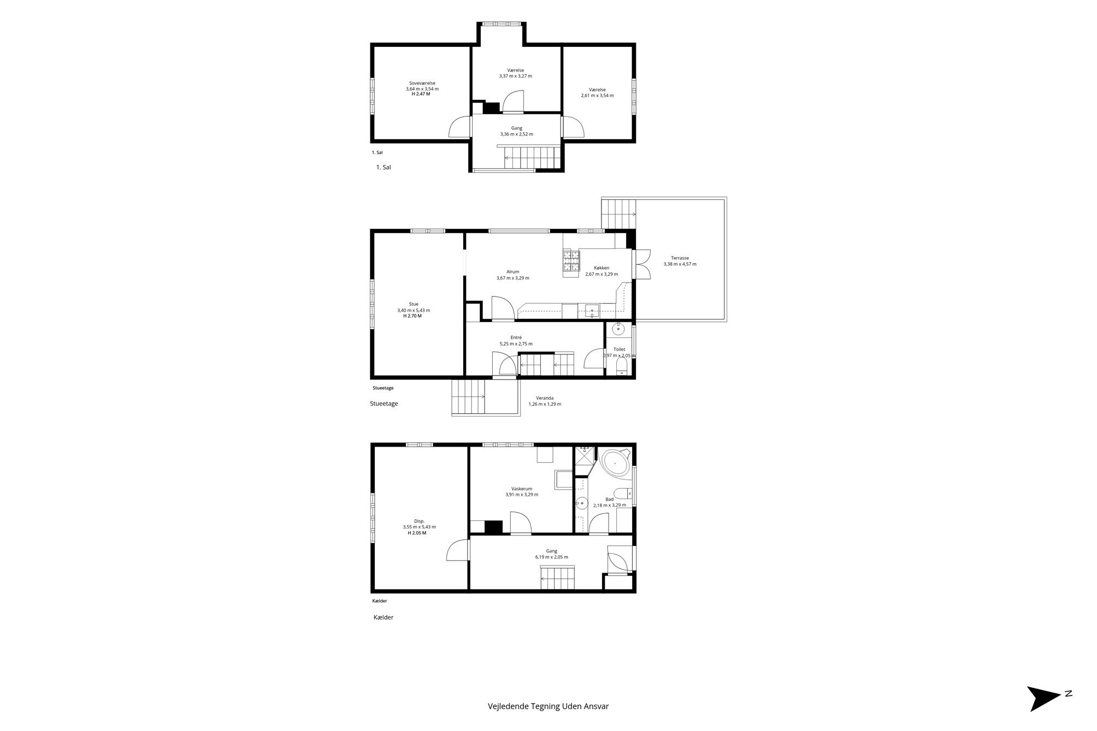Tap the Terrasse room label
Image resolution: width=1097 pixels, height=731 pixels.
coord(680,258)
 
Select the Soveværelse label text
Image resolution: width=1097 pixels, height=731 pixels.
coord(422,83)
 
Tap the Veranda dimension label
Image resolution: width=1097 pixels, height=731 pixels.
coord(545,405)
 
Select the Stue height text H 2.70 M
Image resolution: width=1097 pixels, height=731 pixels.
coord(412,316)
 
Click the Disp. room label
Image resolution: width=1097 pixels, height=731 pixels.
coord(419,521)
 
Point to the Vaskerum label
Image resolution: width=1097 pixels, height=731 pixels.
coord(522,489)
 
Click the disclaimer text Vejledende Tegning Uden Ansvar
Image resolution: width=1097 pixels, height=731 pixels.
coord(548,706)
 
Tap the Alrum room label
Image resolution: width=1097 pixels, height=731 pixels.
coord(512,272)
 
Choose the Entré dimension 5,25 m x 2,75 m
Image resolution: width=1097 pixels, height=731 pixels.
coord(516,344)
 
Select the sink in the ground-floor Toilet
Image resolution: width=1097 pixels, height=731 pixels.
coord(618,329)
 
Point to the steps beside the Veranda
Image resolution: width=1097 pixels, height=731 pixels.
coord(468,397)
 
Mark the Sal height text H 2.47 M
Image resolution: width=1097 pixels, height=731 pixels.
coord(421,94)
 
